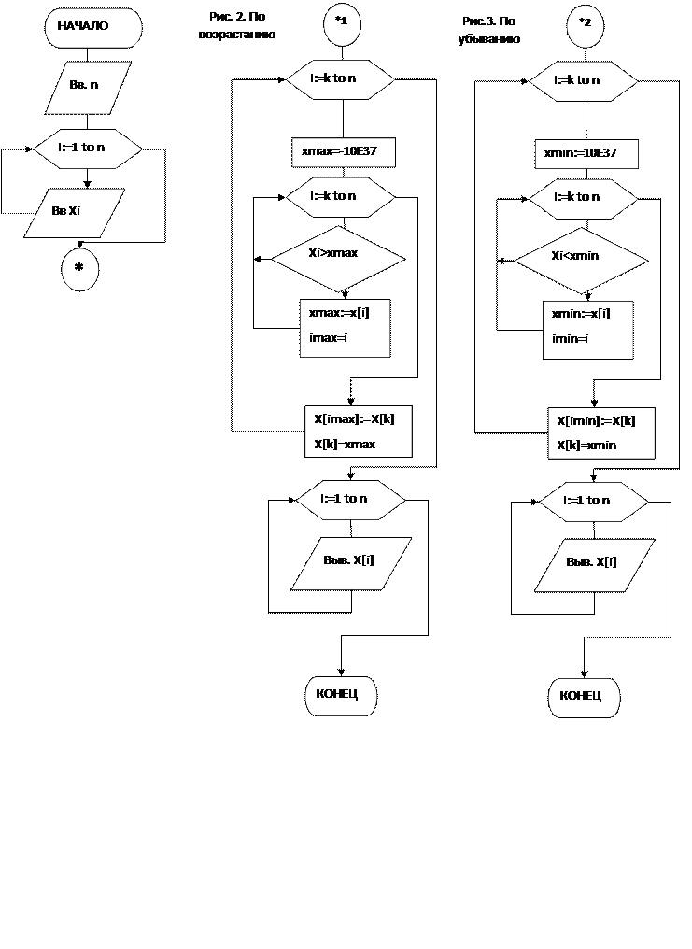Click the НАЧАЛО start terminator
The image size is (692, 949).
pyautogui.click(x=93, y=28)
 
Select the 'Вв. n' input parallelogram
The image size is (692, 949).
pyautogui.click(x=87, y=87)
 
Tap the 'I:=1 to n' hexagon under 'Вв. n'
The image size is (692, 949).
pyautogui.click(x=88, y=149)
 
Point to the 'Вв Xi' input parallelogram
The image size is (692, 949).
pyautogui.click(x=74, y=213)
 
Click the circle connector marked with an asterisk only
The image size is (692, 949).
pyautogui.click(x=79, y=271)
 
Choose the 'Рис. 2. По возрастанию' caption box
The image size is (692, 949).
pyautogui.click(x=237, y=31)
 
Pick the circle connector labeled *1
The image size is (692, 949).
pyautogui.click(x=341, y=26)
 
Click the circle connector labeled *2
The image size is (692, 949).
pyautogui.click(x=585, y=26)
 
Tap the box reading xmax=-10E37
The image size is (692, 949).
pyautogui.click(x=343, y=151)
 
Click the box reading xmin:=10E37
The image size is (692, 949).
pyautogui.click(x=586, y=153)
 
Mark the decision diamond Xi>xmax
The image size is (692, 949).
pyautogui.click(x=338, y=258)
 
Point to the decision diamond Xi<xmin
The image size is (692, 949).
pyautogui.click(x=581, y=260)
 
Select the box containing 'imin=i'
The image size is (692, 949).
pyautogui.click(x=587, y=329)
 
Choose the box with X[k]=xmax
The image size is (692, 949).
pyautogui.click(x=358, y=432)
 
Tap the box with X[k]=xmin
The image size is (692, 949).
pyautogui.click(x=600, y=433)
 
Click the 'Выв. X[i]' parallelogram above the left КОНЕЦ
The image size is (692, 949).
pyautogui.click(x=351, y=563)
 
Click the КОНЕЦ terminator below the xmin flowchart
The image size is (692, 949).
pyautogui.click(x=584, y=698)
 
